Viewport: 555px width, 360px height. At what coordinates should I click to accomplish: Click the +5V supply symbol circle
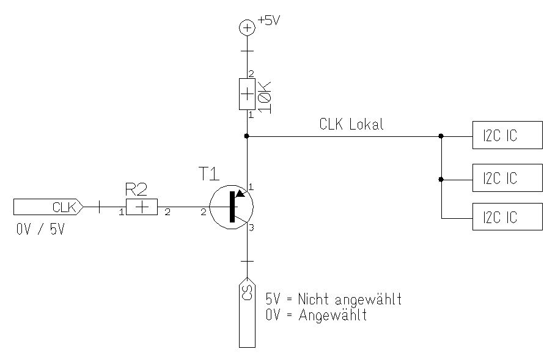click(x=247, y=27)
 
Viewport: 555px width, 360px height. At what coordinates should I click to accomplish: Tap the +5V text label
click(x=268, y=20)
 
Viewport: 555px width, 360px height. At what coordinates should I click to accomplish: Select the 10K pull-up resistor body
click(x=247, y=94)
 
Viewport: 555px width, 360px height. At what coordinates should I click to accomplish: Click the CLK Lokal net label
click(x=351, y=124)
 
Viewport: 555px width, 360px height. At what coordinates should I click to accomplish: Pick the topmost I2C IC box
click(x=507, y=135)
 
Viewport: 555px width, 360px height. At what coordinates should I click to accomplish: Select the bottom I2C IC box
click(x=507, y=216)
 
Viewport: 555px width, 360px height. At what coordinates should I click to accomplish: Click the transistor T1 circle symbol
click(x=231, y=207)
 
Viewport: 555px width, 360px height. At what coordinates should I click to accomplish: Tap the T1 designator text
click(x=208, y=174)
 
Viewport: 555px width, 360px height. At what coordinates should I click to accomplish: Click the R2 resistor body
click(x=142, y=207)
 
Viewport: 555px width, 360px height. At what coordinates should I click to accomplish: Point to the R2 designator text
click(x=136, y=188)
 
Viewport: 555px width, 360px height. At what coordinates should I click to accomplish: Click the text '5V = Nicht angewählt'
click(x=333, y=300)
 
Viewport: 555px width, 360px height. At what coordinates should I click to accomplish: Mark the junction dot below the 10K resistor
click(x=247, y=136)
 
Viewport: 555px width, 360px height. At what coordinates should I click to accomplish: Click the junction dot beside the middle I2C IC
click(x=441, y=180)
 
